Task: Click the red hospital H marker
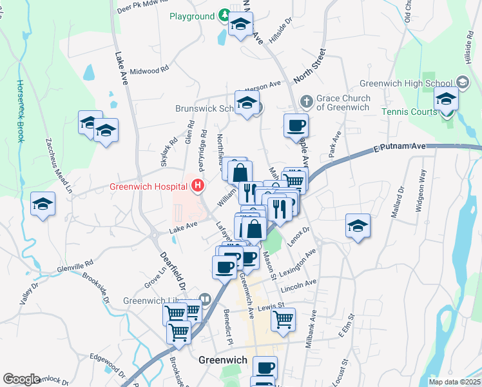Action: (x=198, y=187)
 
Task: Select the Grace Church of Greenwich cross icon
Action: (x=307, y=101)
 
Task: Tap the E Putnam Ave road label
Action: (x=400, y=148)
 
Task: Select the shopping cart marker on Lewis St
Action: (x=283, y=319)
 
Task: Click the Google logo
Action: (x=21, y=379)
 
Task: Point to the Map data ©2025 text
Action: (x=454, y=382)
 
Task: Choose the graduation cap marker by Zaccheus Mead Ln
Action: (x=43, y=204)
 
